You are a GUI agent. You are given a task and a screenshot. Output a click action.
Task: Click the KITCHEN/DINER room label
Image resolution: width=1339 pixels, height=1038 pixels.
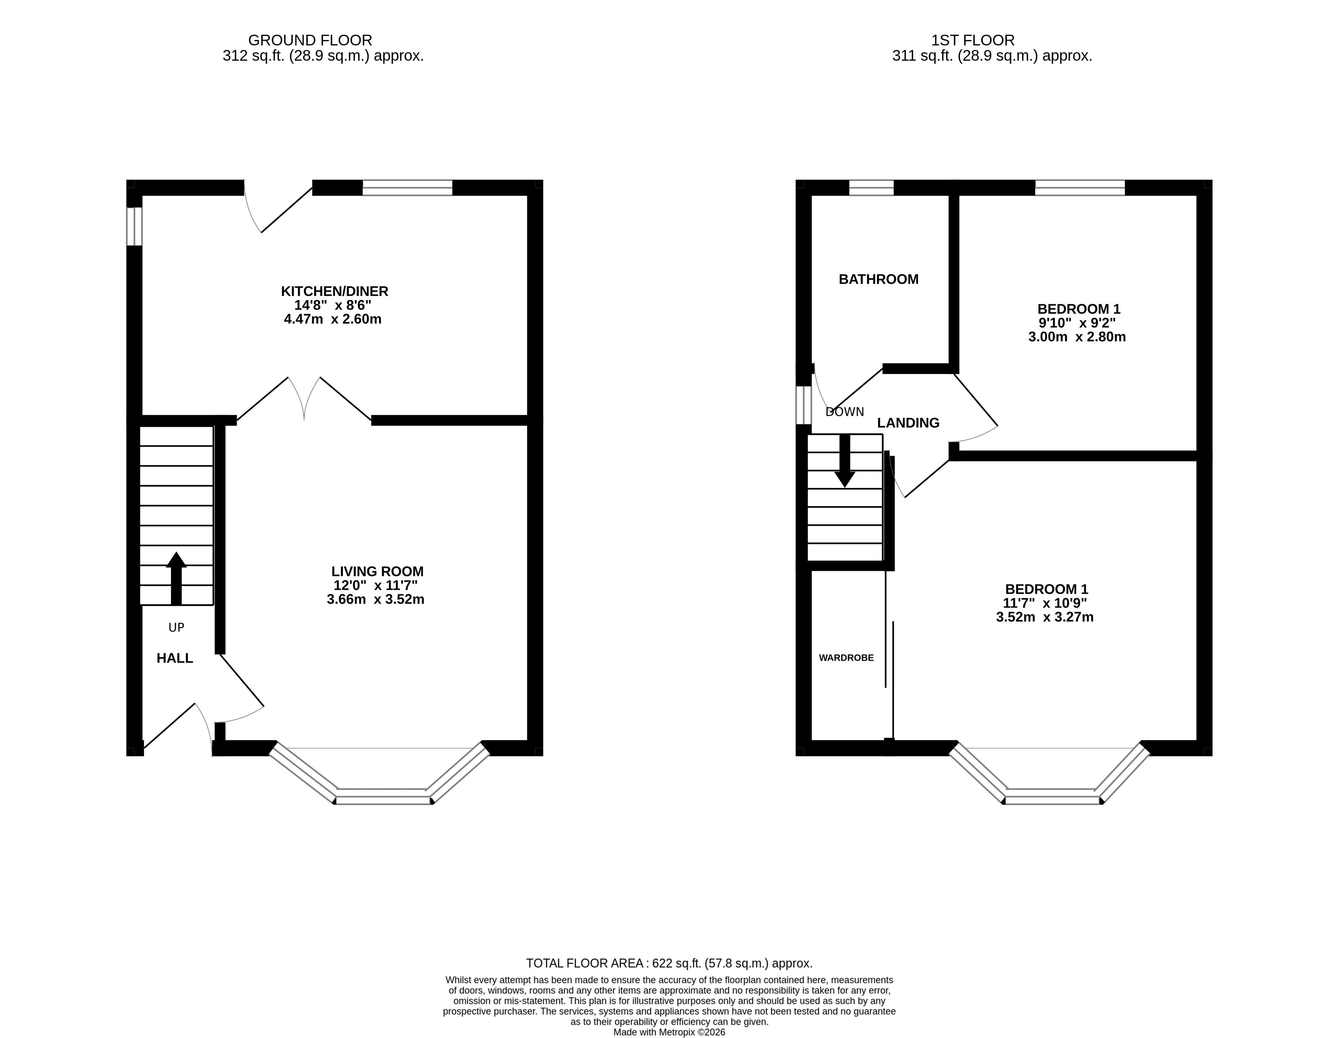point(335,291)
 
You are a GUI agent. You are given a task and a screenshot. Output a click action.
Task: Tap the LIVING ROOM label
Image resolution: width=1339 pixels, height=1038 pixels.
point(378,571)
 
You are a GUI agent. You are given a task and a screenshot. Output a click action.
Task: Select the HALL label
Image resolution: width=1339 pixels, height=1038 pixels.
point(175,658)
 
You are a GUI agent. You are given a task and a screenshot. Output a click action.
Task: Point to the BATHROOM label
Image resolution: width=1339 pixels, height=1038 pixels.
point(879,279)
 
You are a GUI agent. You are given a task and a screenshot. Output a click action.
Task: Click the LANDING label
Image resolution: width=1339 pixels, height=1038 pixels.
point(908,423)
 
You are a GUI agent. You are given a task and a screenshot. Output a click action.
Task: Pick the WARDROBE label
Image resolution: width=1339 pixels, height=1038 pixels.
point(846,658)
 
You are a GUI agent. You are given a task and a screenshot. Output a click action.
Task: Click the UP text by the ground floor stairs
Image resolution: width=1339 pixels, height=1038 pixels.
point(176,627)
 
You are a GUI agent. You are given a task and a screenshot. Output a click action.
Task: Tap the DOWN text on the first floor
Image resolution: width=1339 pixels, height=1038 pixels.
point(845,412)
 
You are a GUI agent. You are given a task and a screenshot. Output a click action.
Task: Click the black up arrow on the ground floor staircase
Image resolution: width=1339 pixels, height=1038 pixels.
point(176,578)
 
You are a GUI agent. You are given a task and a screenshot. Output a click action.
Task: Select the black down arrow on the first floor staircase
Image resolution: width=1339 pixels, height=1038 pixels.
point(845,460)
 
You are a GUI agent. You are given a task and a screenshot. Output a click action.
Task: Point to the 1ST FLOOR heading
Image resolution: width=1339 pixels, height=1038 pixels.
point(973,40)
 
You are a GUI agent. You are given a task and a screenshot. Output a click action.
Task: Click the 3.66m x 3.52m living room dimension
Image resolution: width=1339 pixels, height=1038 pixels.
point(375,599)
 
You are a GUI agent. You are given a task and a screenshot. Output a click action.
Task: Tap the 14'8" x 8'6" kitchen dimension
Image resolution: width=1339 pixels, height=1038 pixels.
point(333,305)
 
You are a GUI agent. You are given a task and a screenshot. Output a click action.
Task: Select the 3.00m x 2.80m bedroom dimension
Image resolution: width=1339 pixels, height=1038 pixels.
point(1077,337)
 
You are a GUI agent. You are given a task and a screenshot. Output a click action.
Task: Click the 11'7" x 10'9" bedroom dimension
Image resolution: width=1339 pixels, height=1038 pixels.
point(1045,603)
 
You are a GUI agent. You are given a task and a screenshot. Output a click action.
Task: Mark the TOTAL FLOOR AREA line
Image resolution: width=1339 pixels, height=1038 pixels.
point(670,963)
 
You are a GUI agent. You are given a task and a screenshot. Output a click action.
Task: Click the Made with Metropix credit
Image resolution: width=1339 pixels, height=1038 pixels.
point(670,1033)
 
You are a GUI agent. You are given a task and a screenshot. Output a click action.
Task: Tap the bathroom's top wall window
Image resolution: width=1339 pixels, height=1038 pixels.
point(871,187)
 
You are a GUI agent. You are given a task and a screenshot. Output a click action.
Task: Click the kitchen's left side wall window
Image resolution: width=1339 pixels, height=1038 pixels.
point(134,226)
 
